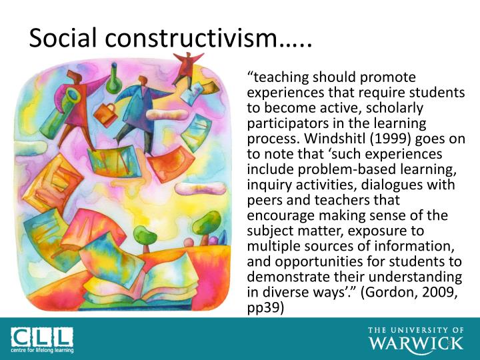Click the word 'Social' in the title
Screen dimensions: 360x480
click(63, 39)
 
